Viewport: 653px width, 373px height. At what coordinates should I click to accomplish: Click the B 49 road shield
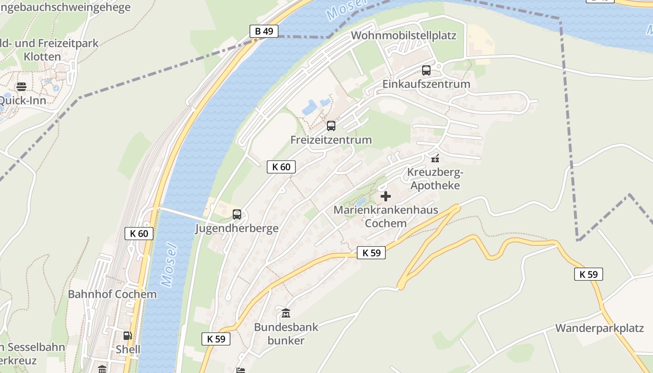pyautogui.click(x=264, y=31)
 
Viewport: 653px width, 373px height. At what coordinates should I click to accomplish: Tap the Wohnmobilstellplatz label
pyautogui.click(x=403, y=35)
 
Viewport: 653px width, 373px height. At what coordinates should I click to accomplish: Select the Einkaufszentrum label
pyautogui.click(x=426, y=84)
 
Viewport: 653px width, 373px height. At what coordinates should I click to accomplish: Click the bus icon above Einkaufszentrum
pyautogui.click(x=426, y=70)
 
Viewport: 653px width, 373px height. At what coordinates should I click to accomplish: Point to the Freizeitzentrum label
pyautogui.click(x=331, y=139)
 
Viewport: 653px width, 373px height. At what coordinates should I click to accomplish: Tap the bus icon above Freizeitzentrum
pyautogui.click(x=331, y=125)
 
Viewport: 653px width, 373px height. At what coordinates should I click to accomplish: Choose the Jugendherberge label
pyautogui.click(x=236, y=228)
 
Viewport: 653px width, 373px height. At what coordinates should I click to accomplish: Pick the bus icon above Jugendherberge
pyautogui.click(x=237, y=214)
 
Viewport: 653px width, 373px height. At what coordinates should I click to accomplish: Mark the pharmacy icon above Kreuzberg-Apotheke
pyautogui.click(x=435, y=158)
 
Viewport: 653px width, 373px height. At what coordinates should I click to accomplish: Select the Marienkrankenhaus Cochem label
pyautogui.click(x=386, y=216)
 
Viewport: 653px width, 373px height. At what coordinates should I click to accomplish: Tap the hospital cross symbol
pyautogui.click(x=386, y=196)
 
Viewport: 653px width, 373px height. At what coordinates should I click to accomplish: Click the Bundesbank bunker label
pyautogui.click(x=286, y=333)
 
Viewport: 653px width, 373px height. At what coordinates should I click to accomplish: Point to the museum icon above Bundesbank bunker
pyautogui.click(x=286, y=313)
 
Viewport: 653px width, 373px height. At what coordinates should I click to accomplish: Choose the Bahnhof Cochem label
pyautogui.click(x=112, y=294)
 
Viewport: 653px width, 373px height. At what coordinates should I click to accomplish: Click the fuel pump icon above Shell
pyautogui.click(x=127, y=335)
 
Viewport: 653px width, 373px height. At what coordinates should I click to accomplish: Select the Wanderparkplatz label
pyautogui.click(x=599, y=328)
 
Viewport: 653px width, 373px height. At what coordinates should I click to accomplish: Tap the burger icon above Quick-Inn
pyautogui.click(x=21, y=87)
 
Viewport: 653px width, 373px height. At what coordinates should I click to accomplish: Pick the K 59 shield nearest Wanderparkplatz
pyautogui.click(x=588, y=274)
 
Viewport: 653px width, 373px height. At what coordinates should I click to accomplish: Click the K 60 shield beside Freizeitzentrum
pyautogui.click(x=281, y=167)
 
